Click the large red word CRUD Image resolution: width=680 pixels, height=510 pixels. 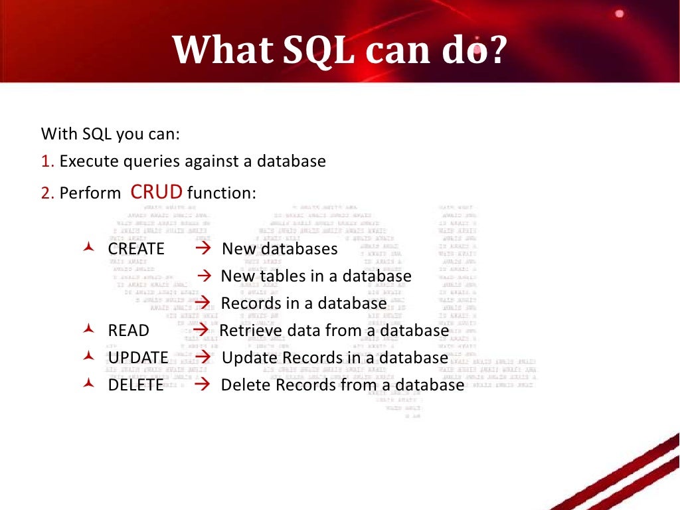coord(157,193)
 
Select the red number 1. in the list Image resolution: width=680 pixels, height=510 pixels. coord(47,161)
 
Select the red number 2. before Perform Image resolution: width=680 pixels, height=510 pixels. coord(47,194)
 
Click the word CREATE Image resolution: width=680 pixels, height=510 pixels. coord(136,249)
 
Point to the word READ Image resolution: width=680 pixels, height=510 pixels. coord(128,331)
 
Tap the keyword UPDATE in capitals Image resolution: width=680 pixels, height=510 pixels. coord(138,358)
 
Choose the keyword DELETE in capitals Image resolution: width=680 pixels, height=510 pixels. coord(135,385)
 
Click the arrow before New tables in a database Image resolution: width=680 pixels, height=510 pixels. coord(205,276)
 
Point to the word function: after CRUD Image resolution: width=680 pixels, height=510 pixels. coord(221,194)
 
